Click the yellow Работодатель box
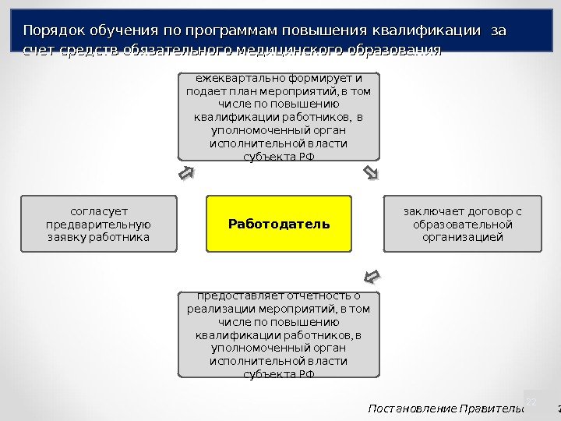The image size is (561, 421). pos(279,225)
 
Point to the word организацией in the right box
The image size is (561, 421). pos(463,237)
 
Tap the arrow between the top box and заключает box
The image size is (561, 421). pos(371,172)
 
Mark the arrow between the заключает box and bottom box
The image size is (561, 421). pos(372,277)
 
